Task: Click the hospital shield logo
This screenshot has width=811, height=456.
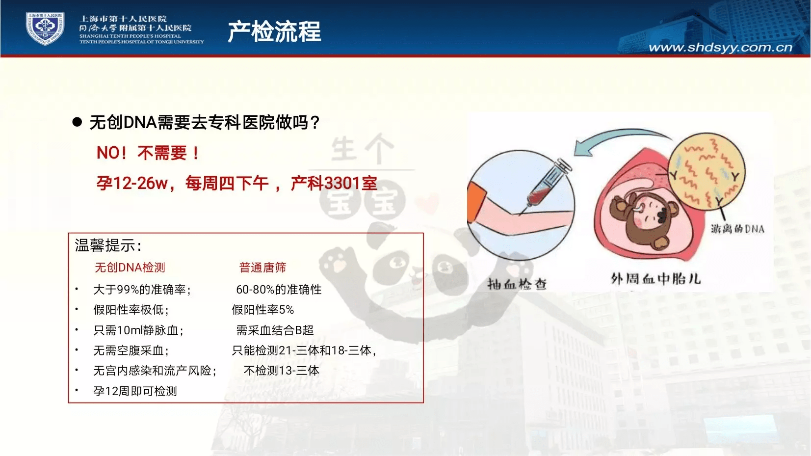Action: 45,28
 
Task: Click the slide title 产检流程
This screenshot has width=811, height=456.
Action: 274,31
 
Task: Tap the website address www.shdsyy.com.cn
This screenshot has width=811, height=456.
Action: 720,48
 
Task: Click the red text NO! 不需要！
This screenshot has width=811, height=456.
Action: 148,153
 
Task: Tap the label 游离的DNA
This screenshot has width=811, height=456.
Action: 737,229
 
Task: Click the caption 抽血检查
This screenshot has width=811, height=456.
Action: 517,284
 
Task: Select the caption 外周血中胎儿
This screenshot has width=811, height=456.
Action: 655,279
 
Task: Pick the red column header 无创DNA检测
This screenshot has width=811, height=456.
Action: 130,268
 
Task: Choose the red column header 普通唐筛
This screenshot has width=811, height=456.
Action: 262,268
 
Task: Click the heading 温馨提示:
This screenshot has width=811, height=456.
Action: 108,245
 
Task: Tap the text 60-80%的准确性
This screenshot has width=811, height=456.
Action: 279,290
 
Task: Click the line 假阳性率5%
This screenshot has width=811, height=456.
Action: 262,310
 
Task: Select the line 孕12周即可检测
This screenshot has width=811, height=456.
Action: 135,391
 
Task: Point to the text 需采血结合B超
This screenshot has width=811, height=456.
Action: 275,330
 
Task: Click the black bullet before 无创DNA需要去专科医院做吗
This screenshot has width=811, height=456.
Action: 77,122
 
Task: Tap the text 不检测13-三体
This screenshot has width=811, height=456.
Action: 281,371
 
